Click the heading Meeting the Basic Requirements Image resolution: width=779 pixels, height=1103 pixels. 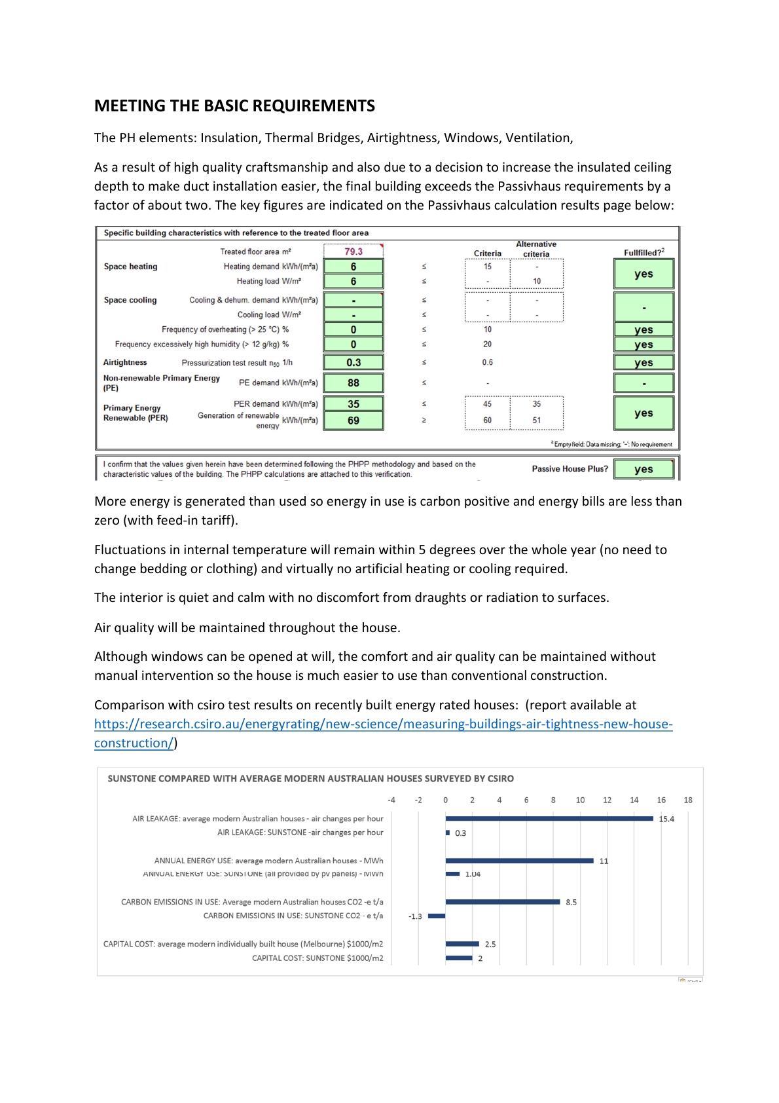[234, 106]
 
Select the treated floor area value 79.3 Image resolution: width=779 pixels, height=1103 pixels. [353, 252]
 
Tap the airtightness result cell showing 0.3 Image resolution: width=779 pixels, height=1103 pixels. [353, 362]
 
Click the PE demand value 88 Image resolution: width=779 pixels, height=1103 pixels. [353, 383]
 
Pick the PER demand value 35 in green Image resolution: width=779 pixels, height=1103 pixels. [353, 404]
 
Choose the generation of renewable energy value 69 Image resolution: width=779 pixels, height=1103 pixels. [353, 421]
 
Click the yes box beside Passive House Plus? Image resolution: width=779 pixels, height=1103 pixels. [643, 469]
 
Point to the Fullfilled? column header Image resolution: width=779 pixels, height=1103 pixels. [643, 252]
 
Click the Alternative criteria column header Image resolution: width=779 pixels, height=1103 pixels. [536, 249]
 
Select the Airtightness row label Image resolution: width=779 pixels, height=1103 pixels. [125, 362]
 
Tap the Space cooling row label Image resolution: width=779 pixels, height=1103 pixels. [130, 300]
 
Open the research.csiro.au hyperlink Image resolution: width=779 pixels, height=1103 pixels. [383, 724]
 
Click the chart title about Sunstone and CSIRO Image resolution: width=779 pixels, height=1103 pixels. [310, 779]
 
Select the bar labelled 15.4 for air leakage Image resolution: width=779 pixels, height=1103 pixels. [549, 819]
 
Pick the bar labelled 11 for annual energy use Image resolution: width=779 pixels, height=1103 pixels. [519, 861]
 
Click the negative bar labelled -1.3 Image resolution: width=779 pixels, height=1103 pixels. [437, 916]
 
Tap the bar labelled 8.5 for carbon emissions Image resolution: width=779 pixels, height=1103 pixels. [503, 902]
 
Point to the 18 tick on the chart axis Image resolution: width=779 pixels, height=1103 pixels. [688, 800]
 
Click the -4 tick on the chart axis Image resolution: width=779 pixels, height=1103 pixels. [391, 800]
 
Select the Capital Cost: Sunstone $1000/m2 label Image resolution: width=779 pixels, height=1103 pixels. [317, 958]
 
